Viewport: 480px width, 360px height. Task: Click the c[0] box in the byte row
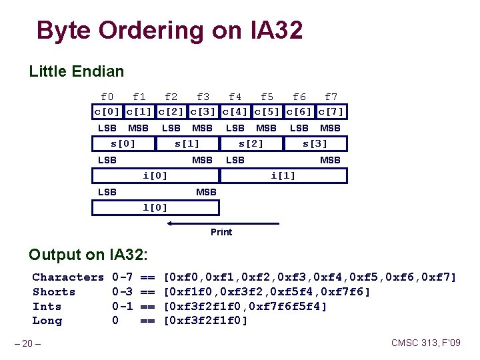click(107, 111)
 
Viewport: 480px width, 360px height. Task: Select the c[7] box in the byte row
click(331, 111)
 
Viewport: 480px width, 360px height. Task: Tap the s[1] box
click(187, 143)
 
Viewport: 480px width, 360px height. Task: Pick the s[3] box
click(315, 143)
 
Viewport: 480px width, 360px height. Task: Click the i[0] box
click(155, 175)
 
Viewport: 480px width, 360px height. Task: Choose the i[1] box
click(283, 175)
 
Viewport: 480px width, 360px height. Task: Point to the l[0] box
click(155, 207)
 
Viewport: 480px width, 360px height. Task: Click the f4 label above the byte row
click(235, 97)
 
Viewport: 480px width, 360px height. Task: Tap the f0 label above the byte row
click(107, 97)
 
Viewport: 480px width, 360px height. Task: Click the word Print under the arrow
click(221, 232)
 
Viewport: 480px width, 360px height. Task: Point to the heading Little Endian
click(77, 71)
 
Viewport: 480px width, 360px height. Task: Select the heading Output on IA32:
click(89, 255)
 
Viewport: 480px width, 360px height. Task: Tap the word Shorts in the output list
click(54, 292)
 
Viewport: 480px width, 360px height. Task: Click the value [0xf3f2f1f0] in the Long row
click(206, 321)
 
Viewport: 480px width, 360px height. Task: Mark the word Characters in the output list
click(68, 277)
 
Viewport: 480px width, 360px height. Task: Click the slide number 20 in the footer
click(29, 343)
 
